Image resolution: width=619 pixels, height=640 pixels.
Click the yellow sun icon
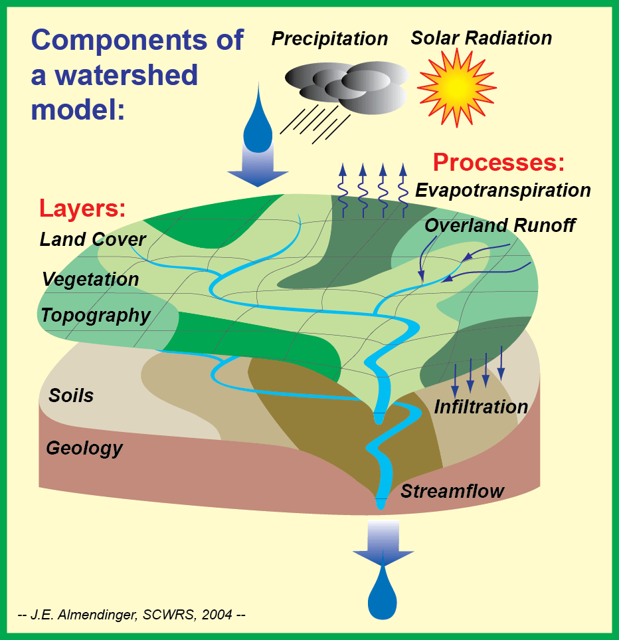[x=457, y=84]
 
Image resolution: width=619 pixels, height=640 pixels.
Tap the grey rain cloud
[x=346, y=86]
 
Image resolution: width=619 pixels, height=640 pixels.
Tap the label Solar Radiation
[x=481, y=38]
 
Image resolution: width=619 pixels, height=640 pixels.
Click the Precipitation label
[x=329, y=39]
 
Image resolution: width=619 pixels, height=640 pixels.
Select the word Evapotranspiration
[x=503, y=191]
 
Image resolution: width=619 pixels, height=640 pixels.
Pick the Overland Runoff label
[x=499, y=225]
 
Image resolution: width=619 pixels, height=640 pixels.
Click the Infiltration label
[x=481, y=407]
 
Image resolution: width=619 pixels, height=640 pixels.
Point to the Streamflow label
[x=452, y=492]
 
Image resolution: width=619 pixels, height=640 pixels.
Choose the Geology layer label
[x=84, y=449]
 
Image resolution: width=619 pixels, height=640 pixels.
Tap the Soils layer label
[x=71, y=396]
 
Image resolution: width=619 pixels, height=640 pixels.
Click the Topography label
[x=96, y=315]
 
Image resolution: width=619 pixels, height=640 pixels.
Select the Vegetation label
[x=90, y=279]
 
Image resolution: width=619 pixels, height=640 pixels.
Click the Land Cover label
[x=93, y=239]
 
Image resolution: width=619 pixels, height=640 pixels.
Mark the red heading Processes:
[x=499, y=163]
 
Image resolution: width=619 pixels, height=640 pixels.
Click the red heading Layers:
[x=82, y=208]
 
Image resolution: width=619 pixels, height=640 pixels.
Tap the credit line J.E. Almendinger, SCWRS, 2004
[x=131, y=615]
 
